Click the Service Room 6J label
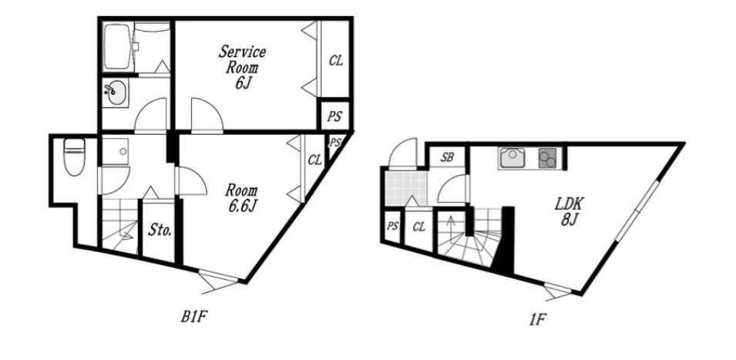tap(242, 67)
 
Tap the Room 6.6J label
tap(242, 199)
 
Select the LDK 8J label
tap(569, 212)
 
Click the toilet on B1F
tap(74, 156)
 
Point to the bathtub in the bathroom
tap(119, 47)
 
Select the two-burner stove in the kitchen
tap(547, 158)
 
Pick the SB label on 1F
tap(446, 158)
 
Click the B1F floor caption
tap(194, 318)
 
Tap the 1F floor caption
tap(537, 320)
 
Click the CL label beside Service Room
tap(335, 61)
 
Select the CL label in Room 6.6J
tap(314, 160)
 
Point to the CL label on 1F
tap(418, 227)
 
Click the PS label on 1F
tap(392, 226)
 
